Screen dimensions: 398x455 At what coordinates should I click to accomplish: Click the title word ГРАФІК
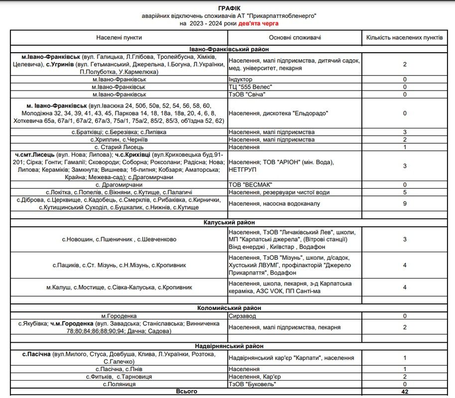click(x=227, y=8)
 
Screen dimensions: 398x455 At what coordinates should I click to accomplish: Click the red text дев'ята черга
click(x=259, y=23)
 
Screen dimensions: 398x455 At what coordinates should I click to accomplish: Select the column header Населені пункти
click(x=119, y=38)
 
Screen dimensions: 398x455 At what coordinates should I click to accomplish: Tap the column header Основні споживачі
click(x=295, y=38)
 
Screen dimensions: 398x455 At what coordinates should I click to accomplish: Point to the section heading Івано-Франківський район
click(x=228, y=49)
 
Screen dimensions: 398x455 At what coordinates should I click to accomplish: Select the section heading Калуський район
click(x=228, y=222)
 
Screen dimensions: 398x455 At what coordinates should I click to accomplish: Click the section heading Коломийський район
click(x=228, y=308)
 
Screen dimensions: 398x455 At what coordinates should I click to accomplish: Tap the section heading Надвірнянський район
click(x=228, y=346)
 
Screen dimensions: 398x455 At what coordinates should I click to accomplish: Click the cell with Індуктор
click(x=240, y=80)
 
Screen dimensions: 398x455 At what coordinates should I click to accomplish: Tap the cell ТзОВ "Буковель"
click(x=252, y=384)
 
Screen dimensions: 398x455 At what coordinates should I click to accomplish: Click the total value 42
click(x=405, y=392)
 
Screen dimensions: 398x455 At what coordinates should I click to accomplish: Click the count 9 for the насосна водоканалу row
click(x=405, y=203)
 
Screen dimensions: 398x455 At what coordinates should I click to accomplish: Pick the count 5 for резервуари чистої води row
click(x=405, y=192)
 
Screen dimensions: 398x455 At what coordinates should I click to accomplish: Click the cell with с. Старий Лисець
click(x=119, y=147)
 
